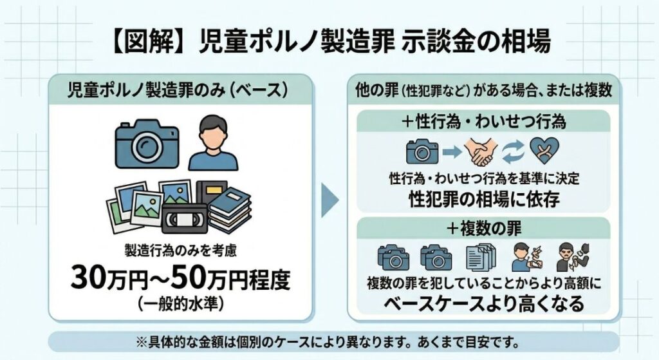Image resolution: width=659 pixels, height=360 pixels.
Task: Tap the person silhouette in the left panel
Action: pyautogui.click(x=213, y=142)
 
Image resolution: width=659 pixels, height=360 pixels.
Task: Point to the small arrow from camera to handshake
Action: pyautogui.click(x=452, y=153)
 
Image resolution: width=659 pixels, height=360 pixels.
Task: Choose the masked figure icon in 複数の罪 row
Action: pyautogui.click(x=570, y=256)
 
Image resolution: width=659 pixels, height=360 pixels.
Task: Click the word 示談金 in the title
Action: pyautogui.click(x=429, y=43)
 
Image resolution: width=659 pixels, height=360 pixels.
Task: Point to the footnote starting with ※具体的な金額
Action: pyautogui.click(x=333, y=339)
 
